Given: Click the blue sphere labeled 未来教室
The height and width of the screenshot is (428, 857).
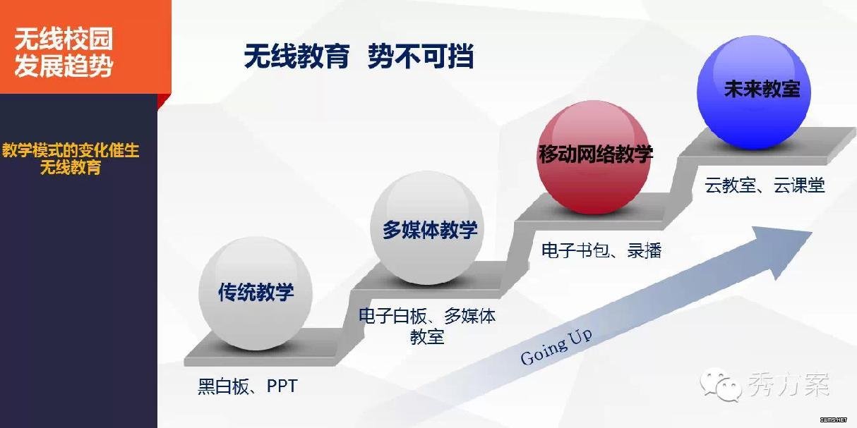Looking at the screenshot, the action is [x=754, y=92].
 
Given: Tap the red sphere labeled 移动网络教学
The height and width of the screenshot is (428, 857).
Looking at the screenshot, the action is [x=594, y=157].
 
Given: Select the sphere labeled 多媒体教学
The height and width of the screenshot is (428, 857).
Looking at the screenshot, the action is [x=427, y=228].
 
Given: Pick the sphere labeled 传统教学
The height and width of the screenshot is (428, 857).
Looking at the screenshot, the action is [x=256, y=293].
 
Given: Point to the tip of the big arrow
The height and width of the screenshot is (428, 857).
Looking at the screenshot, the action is [x=812, y=232].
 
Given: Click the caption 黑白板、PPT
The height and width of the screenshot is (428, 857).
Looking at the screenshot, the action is [x=247, y=386].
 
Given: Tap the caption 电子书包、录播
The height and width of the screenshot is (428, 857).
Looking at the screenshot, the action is [x=601, y=251].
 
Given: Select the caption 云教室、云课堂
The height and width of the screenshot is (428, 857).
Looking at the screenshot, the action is [x=765, y=185].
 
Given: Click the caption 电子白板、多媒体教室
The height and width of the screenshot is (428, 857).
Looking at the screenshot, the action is [x=427, y=326].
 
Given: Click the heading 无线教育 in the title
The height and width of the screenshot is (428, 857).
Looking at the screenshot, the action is [x=297, y=56].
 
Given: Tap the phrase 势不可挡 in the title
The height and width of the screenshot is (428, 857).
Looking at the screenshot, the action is [x=421, y=56].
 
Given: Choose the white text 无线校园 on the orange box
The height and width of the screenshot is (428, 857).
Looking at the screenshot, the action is [x=64, y=39].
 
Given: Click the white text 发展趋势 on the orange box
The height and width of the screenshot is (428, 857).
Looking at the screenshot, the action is [x=64, y=66].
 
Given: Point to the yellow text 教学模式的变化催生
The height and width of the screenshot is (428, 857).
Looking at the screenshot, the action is [x=71, y=150].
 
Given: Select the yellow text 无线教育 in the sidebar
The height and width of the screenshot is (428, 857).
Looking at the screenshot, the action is [x=71, y=167].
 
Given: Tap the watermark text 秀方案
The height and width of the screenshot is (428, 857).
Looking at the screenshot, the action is [x=788, y=384].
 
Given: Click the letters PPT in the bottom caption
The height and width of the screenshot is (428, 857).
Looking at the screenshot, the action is [x=282, y=386].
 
